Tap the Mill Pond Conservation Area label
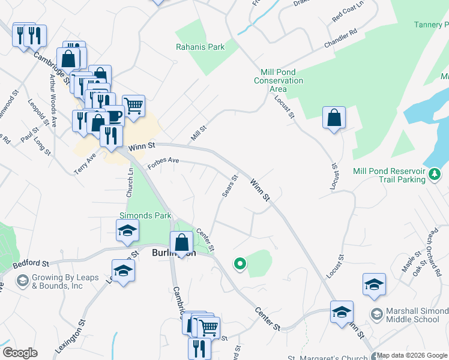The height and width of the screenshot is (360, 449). pyautogui.click(x=278, y=80)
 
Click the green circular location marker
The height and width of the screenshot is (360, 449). pyautogui.click(x=240, y=263)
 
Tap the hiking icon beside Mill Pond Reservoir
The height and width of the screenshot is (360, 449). pyautogui.click(x=435, y=173)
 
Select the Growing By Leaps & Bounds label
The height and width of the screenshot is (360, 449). pyautogui.click(x=57, y=281)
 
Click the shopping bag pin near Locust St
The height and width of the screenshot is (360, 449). pyautogui.click(x=334, y=118)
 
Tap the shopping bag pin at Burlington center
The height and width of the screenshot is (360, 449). pyautogui.click(x=181, y=243)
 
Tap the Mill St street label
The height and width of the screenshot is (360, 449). pyautogui.click(x=199, y=133)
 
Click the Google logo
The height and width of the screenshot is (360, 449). pyautogui.click(x=20, y=353)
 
